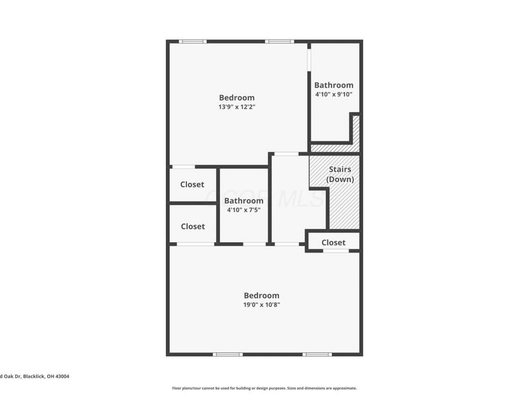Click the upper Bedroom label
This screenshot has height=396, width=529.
click(237, 98)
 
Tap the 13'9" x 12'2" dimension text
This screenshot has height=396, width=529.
click(237, 107)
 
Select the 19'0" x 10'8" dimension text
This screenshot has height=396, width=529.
click(262, 305)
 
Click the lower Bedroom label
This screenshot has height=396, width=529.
click(262, 296)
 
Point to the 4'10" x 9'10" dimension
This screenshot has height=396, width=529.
click(334, 94)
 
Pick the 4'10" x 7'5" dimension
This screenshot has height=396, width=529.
click(243, 210)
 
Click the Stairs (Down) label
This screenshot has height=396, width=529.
click(341, 174)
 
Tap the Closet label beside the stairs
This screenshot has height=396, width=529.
click(333, 242)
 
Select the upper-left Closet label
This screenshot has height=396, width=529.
click(192, 185)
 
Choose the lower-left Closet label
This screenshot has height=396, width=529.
click(192, 226)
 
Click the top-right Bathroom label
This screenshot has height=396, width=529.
click(334, 85)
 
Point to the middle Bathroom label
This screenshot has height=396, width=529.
click(243, 201)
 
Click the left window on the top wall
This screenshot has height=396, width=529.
click(192, 42)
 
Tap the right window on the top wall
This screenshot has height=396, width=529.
click(279, 42)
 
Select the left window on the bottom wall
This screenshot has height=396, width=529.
click(227, 354)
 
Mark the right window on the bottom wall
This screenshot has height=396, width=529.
click(317, 354)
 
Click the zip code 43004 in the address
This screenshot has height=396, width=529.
click(61, 376)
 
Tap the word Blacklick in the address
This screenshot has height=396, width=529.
click(34, 376)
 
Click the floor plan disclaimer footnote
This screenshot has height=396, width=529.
click(264, 388)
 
